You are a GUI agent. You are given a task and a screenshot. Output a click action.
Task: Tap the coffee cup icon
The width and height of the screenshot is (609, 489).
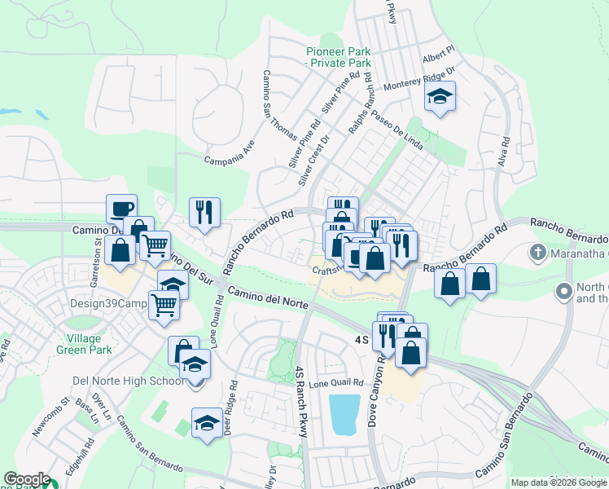121,209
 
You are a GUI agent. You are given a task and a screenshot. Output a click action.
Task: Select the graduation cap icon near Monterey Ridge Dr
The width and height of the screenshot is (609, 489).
440,98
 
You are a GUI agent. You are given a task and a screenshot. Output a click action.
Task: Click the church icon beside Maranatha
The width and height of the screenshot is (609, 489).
537,253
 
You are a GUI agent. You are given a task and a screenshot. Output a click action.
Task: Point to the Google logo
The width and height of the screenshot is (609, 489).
27,479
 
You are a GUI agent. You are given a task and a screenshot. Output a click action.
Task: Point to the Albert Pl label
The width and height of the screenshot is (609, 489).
438,59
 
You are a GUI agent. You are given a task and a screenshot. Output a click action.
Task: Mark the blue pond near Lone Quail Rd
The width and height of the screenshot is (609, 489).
344,413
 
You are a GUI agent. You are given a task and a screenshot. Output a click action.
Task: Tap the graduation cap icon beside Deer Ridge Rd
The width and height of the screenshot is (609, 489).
206,422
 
